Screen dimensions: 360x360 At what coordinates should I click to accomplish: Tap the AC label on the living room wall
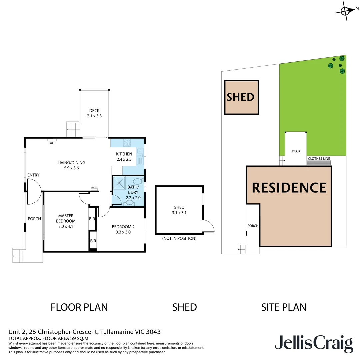pos(52,143)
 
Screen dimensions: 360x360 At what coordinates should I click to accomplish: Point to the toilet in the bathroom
pos(137,182)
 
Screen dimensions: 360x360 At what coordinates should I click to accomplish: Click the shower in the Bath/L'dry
pos(119,183)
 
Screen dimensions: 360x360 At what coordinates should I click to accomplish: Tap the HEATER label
pos(94,188)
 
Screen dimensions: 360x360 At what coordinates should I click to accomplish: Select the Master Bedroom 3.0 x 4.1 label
pos(66,221)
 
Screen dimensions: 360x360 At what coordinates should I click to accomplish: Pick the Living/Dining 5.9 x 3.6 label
pos(71,165)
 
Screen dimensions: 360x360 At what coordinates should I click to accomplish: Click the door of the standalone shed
pos(208,226)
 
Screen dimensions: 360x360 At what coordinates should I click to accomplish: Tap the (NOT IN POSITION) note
pos(179,238)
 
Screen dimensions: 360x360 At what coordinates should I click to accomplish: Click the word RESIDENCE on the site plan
pos(289,187)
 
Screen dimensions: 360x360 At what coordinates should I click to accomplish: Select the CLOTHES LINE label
pos(319,159)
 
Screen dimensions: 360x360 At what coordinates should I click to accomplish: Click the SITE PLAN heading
pos(284,307)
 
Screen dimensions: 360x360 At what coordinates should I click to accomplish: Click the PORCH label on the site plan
pos(253,226)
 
